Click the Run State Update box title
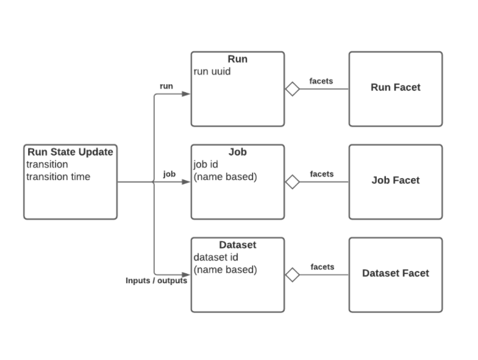pos(70,152)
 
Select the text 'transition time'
pos(58,177)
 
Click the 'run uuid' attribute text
pos(212,71)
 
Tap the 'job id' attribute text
pos(207,164)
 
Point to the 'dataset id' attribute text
pos(216,257)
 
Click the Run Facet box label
pos(395,87)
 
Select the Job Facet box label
pos(395,181)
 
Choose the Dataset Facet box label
pos(395,273)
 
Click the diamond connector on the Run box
pos(293,89)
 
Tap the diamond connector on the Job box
pos(293,182)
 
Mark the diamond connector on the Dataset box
pos(293,275)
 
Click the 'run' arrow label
pos(166,86)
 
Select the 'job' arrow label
pos(169,174)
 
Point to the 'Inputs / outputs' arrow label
pos(156,281)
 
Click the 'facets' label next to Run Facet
pos(321,81)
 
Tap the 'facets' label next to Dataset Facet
pos(322,267)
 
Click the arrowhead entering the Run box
pos(187,95)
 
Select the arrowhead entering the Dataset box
pos(187,275)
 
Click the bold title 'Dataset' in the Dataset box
pos(237,245)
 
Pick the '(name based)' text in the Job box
pos(225,177)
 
